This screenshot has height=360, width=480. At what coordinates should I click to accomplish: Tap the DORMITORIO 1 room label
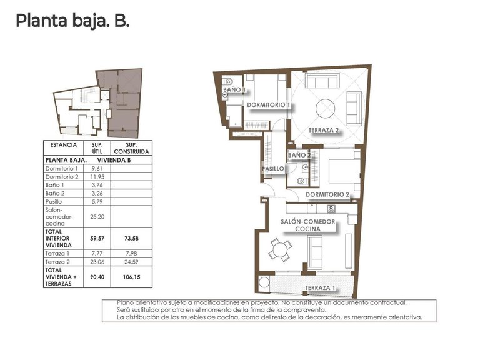click(x=267, y=104)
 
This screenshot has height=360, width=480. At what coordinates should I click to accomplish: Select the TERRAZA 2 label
click(x=324, y=131)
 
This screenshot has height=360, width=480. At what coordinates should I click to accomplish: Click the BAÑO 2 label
click(x=299, y=154)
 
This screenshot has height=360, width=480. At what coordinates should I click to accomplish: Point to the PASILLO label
click(x=273, y=169)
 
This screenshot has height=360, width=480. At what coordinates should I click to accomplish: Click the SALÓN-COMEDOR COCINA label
click(x=309, y=226)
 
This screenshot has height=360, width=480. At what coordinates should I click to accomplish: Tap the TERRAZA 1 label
click(x=321, y=288)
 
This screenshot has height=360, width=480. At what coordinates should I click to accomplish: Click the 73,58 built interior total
click(x=131, y=238)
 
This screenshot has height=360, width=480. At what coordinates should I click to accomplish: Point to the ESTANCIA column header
click(x=62, y=145)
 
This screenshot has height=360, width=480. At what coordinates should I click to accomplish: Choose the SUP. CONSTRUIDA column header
click(x=131, y=148)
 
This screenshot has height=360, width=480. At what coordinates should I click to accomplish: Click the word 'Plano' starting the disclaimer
click(x=126, y=302)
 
